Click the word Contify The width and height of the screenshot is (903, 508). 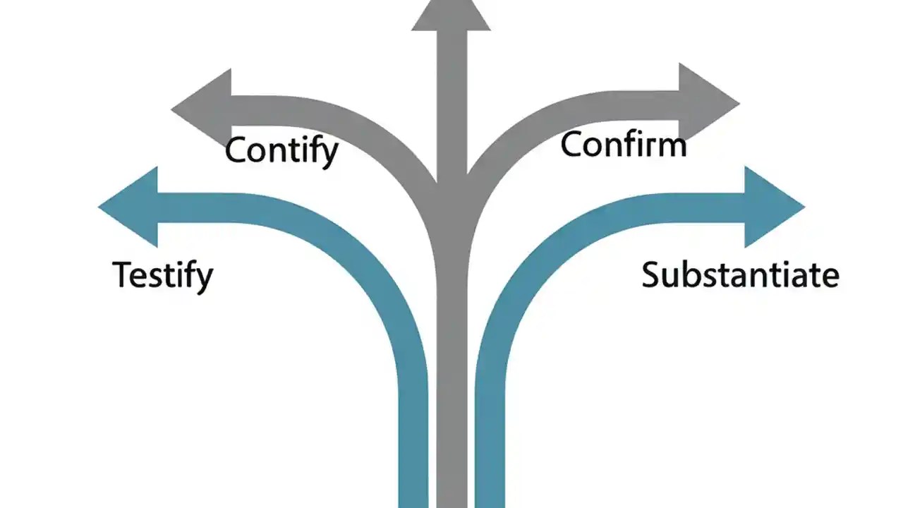(x=281, y=150)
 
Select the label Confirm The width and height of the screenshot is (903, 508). (x=624, y=145)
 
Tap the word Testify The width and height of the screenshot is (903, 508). (x=162, y=274)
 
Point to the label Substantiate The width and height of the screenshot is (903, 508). (x=740, y=274)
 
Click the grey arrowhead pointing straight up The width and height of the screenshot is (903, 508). (x=451, y=14)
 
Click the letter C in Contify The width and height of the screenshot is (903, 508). (x=237, y=150)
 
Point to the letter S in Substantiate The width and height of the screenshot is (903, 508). (x=652, y=274)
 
